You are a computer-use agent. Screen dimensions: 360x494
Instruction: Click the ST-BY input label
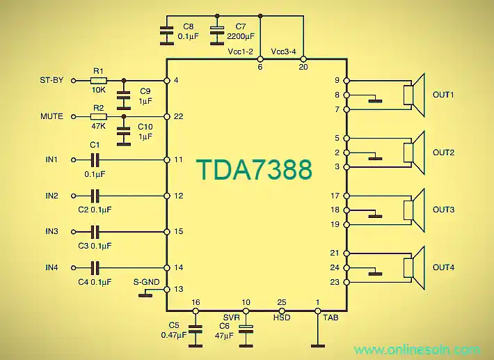point(52,80)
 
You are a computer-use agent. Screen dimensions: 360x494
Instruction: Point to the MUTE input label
point(51,116)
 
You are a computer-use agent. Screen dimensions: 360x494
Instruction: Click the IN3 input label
point(52,231)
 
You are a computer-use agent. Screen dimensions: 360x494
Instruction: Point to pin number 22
point(178,116)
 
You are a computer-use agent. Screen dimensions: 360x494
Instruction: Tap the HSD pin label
point(282,316)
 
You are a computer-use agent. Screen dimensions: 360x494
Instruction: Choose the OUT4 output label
point(444,267)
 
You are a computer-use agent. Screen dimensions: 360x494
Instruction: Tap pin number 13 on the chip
point(178,289)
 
